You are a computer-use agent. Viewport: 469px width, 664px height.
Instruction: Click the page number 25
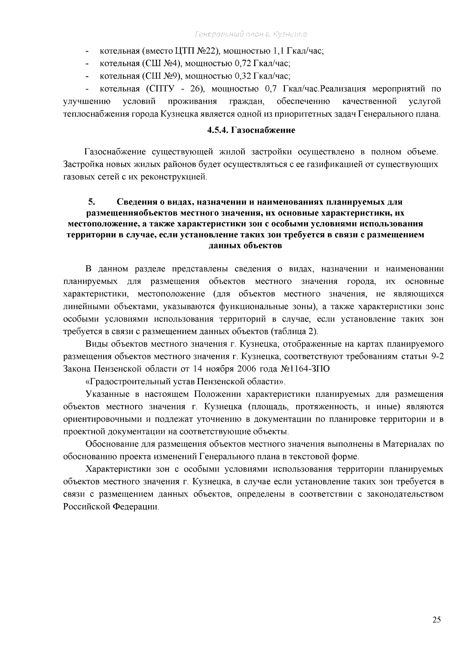[x=437, y=619]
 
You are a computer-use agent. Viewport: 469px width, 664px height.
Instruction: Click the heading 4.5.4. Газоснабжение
[x=251, y=130]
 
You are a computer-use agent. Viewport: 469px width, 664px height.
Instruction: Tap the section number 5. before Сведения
[x=91, y=202]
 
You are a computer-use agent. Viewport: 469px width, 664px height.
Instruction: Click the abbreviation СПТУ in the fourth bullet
[x=159, y=89]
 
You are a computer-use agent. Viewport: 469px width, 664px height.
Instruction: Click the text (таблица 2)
[x=295, y=332]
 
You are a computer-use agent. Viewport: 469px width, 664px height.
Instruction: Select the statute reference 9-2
[x=435, y=356]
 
